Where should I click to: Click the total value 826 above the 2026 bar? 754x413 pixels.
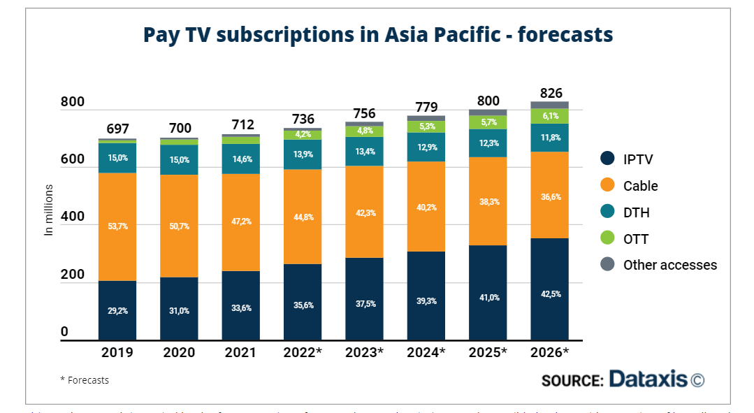(x=549, y=93)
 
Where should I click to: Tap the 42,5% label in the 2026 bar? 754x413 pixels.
(x=549, y=294)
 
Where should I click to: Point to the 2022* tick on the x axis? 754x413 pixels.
(x=303, y=352)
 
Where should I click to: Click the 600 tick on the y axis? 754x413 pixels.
(x=72, y=159)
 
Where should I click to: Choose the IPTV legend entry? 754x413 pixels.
(x=637, y=159)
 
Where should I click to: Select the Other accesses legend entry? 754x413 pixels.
(x=669, y=265)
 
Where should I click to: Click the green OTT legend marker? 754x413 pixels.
(x=607, y=239)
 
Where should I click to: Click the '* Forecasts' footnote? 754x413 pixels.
(x=85, y=380)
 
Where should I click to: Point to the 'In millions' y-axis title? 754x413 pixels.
(x=49, y=210)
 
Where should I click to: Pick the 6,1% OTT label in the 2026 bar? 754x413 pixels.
(x=549, y=116)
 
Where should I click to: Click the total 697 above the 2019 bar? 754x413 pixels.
(x=117, y=129)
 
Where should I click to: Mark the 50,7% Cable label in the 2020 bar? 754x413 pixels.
(x=179, y=226)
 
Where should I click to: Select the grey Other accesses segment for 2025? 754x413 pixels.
(x=488, y=113)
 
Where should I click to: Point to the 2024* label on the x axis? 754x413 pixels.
(x=426, y=352)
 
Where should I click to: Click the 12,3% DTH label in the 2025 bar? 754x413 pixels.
(x=488, y=143)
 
